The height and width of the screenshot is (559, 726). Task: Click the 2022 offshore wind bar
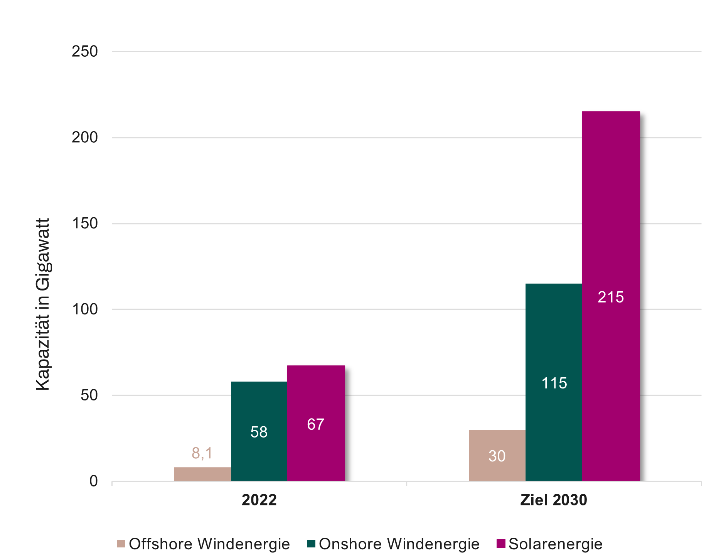pyautogui.click(x=202, y=474)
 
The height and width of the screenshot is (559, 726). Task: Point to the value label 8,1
pyautogui.click(x=202, y=453)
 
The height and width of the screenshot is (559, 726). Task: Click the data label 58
pyautogui.click(x=259, y=432)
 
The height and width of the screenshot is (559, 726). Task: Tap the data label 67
pyautogui.click(x=316, y=424)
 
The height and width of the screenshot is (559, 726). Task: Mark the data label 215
pyautogui.click(x=611, y=297)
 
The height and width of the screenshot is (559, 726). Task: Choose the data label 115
pyautogui.click(x=554, y=383)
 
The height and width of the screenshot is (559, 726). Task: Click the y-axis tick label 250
pyautogui.click(x=85, y=51)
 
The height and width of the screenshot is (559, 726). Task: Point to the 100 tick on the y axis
pyautogui.click(x=85, y=309)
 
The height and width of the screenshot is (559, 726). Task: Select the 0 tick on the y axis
pyautogui.click(x=94, y=481)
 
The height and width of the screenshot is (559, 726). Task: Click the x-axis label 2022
pyautogui.click(x=259, y=500)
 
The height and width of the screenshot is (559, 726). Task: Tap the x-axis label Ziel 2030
pyautogui.click(x=554, y=500)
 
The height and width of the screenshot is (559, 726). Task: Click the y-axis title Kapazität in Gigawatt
pyautogui.click(x=43, y=305)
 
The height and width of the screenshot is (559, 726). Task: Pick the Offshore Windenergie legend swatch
pyautogui.click(x=121, y=544)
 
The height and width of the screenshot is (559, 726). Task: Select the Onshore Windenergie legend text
pyautogui.click(x=399, y=544)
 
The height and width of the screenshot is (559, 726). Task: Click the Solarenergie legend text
pyautogui.click(x=555, y=544)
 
